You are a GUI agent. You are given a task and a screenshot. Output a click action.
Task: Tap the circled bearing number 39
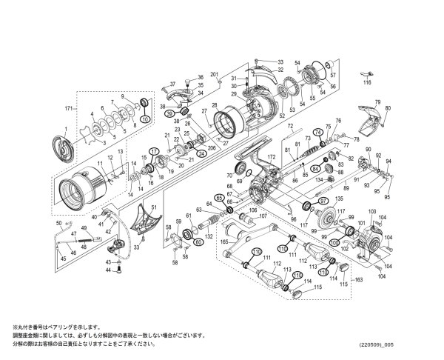tap(169, 113)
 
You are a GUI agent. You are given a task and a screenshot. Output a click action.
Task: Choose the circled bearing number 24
tap(201, 154)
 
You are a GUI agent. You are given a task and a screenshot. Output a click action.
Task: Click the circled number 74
tap(319, 133)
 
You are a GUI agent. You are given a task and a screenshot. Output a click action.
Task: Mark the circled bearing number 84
tap(316, 169)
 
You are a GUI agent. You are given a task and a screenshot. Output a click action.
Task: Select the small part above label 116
tap(365, 73)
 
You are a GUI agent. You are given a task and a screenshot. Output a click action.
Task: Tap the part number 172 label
tap(271, 158)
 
